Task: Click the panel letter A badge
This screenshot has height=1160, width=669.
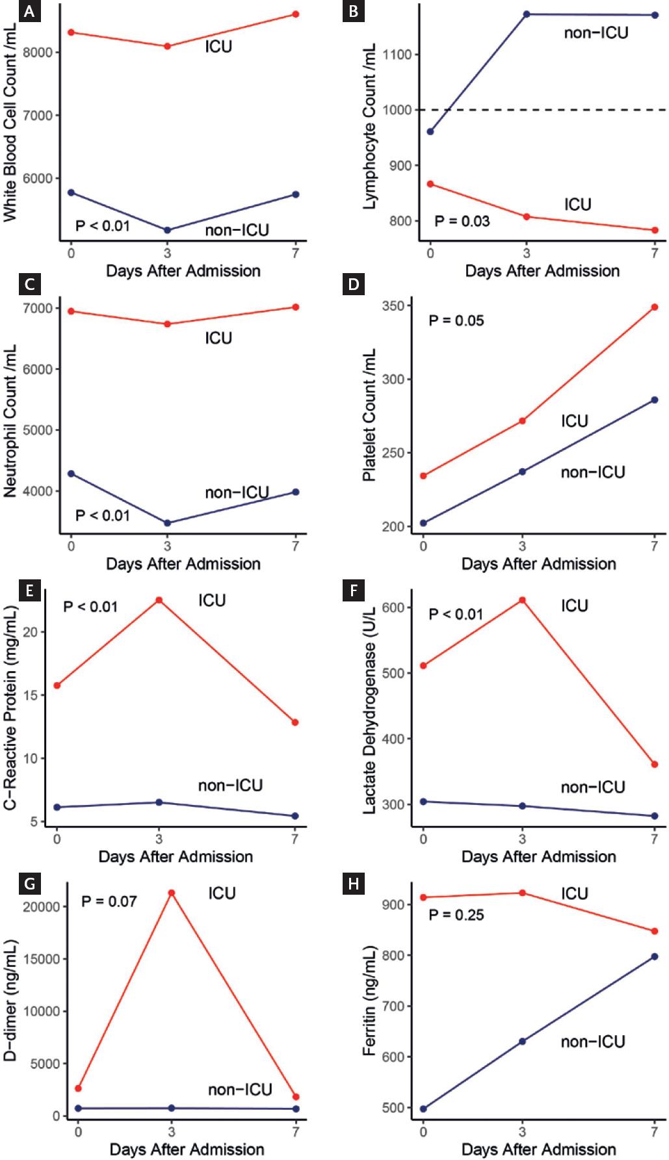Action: [x=29, y=12]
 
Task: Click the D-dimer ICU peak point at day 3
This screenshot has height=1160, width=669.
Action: [x=172, y=893]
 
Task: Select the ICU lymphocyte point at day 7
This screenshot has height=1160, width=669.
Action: [x=655, y=230]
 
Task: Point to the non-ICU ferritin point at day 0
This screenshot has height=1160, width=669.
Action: [x=423, y=1109]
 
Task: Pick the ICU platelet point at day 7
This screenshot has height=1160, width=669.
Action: [x=655, y=308]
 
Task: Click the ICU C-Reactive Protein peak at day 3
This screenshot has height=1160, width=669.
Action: [x=159, y=600]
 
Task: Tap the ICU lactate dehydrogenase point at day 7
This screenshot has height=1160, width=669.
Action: [x=655, y=765]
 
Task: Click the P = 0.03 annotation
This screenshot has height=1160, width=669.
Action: [x=462, y=221]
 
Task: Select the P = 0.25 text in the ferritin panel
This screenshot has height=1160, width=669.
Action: [x=456, y=915]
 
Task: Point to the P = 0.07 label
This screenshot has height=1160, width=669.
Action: [x=109, y=901]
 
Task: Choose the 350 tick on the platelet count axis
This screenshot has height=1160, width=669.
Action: [x=393, y=306]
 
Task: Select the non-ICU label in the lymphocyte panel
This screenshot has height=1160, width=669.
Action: [x=596, y=33]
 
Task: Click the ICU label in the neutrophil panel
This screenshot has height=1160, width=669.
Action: [x=218, y=338]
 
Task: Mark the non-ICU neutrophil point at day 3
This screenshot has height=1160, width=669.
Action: [x=167, y=523]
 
